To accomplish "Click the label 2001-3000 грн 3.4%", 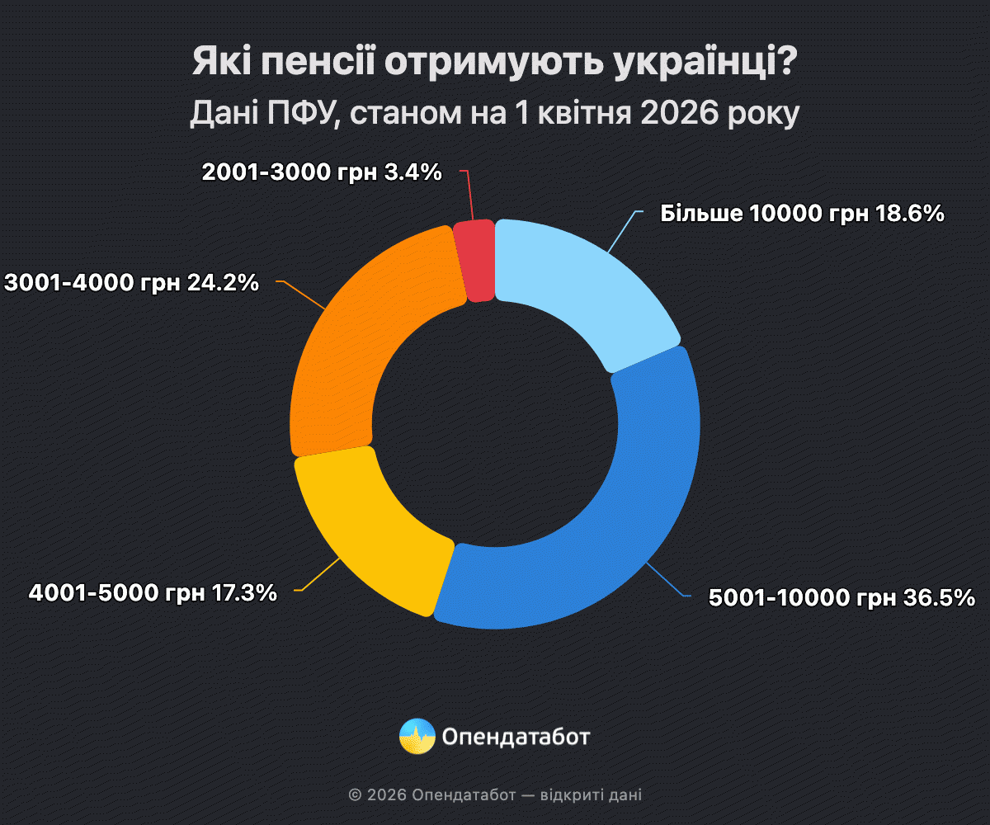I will (x=322, y=172).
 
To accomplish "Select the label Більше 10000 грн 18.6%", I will (x=802, y=214).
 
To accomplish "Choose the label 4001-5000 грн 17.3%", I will (x=153, y=592).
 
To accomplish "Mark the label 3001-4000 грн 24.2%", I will (x=132, y=282).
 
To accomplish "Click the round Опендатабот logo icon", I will (x=417, y=735).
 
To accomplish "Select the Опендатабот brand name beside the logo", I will (x=516, y=736).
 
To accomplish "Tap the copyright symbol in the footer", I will (x=355, y=795).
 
